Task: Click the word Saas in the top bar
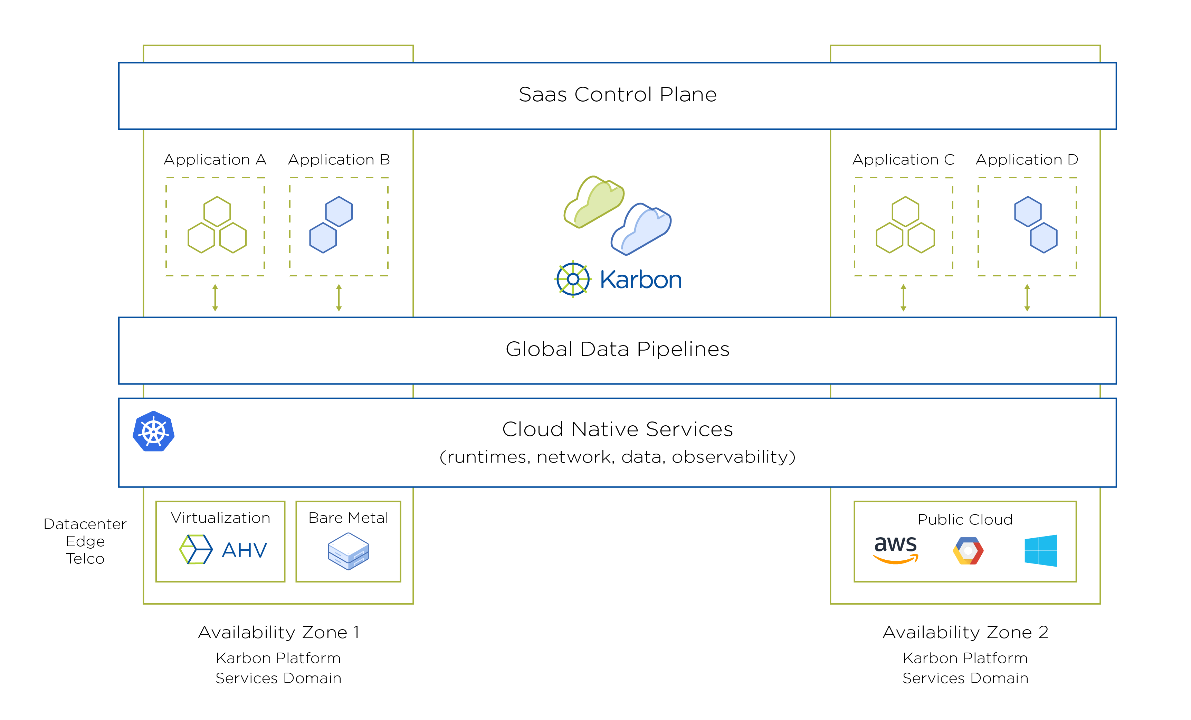point(542,95)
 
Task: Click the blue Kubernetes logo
point(154,431)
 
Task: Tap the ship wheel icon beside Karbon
point(573,279)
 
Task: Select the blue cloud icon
point(641,228)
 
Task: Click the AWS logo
point(896,550)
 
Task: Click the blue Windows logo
point(1041,550)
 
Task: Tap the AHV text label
point(245,550)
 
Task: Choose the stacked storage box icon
point(349,551)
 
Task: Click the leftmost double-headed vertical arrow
point(215,298)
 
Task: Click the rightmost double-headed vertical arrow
point(1027,298)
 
